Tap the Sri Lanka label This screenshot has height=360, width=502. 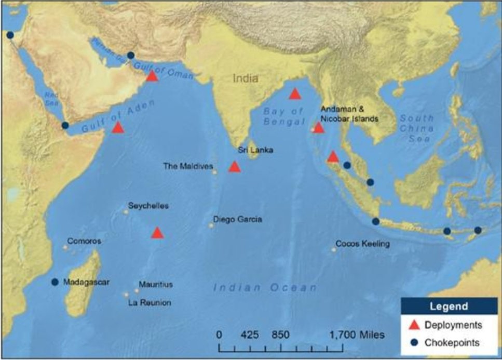(255, 150)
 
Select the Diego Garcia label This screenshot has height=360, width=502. (237, 219)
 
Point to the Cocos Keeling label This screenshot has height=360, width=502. (362, 244)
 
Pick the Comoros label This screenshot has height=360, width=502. (84, 242)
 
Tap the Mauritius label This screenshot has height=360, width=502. (156, 285)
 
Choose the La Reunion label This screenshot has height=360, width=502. (150, 302)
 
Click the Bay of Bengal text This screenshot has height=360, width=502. (283, 116)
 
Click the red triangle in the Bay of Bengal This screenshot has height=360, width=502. (295, 94)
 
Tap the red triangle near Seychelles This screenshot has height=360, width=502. (157, 233)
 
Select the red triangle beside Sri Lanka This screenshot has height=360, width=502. (235, 167)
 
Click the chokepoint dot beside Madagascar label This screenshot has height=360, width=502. (55, 282)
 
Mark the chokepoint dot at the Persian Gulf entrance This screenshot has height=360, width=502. (131, 55)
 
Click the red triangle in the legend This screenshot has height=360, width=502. (414, 325)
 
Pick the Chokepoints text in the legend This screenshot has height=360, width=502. (452, 342)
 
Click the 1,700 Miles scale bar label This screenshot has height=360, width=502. (357, 335)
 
